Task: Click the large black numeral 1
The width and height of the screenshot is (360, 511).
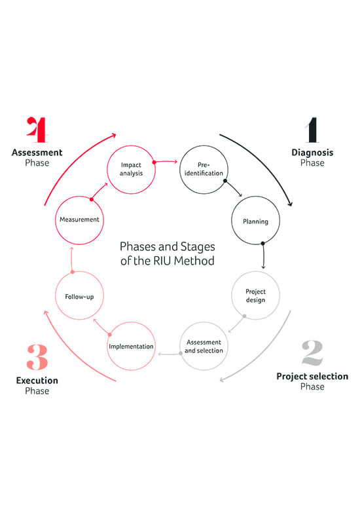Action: point(312,130)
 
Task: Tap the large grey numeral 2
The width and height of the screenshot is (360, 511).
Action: point(312,352)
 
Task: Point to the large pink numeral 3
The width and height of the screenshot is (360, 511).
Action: point(37,357)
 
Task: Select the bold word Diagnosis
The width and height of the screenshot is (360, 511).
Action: point(312,153)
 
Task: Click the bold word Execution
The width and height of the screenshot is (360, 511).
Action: point(37,381)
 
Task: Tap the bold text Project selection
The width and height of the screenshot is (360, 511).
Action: point(312,377)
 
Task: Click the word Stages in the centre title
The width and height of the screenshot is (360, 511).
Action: point(198,247)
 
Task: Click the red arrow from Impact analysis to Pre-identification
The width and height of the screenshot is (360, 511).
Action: point(166,162)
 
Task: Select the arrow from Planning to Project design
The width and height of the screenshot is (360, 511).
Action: point(263,255)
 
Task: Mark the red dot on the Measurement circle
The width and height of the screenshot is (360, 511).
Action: point(92,199)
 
